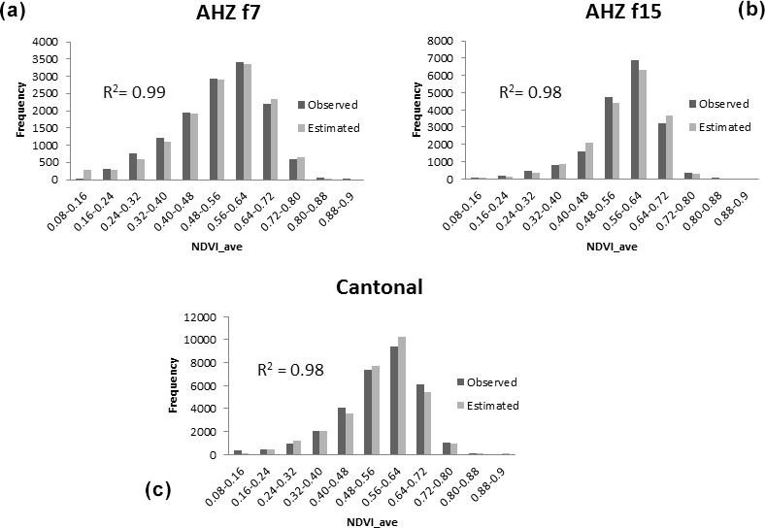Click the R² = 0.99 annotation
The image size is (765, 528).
click(134, 93)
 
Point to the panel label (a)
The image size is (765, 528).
click(14, 14)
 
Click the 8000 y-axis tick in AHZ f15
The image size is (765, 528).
click(440, 42)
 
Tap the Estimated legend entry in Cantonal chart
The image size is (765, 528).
click(485, 406)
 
